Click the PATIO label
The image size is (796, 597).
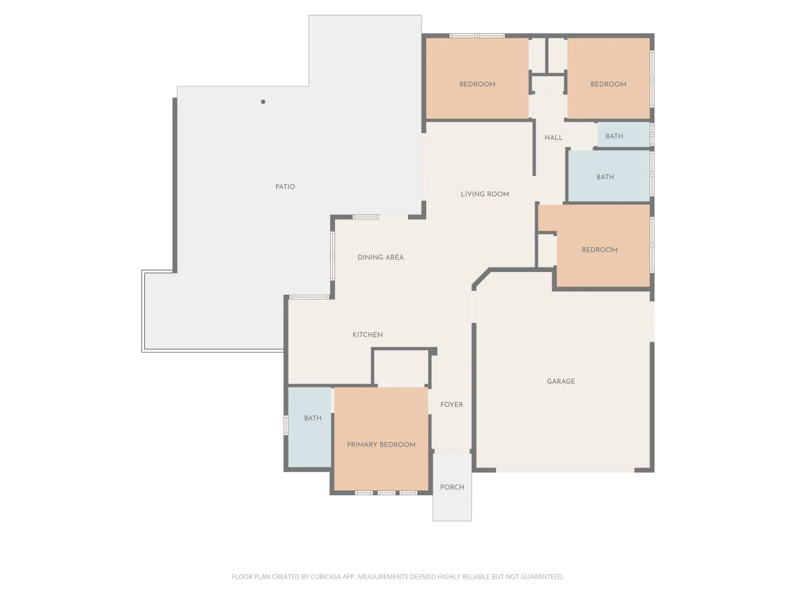pos(285,187)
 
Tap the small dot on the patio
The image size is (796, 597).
pos(263,102)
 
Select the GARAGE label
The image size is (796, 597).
pos(561,381)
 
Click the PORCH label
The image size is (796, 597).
pos(452,488)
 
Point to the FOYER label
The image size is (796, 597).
pos(452,405)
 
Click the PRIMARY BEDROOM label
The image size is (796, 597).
pos(381,444)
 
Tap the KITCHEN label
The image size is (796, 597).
pos(368,335)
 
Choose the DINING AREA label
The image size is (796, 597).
pos(380,258)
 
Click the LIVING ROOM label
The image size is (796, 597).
pos(485,194)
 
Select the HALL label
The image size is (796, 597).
pos(553,138)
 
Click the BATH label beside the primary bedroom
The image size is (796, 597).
pos(313,418)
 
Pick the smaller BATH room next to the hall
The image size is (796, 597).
pos(614,136)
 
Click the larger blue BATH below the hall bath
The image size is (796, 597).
pos(605,177)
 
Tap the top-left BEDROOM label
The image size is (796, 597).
pos(477,85)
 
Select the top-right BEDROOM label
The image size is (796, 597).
pos(608,85)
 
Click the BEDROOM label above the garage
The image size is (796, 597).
pos(600,250)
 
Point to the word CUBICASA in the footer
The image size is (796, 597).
pos(326,577)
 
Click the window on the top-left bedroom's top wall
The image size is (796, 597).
pos(476,36)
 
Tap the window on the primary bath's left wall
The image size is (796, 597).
pos(286,425)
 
